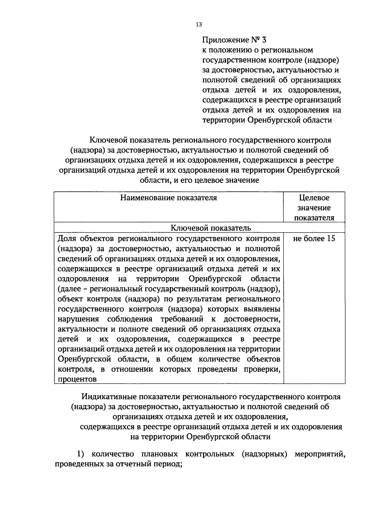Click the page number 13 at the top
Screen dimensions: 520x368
(x=198, y=25)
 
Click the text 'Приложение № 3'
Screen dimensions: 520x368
(x=235, y=40)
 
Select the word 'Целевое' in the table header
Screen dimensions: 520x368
(x=314, y=198)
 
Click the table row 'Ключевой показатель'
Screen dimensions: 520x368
(x=210, y=228)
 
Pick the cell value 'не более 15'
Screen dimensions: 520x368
(x=314, y=239)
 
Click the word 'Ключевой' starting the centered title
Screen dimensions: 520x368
(x=108, y=140)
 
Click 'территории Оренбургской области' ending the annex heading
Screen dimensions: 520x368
(x=267, y=120)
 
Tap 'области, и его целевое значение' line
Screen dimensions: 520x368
(x=199, y=180)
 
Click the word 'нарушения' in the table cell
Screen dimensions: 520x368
(x=79, y=319)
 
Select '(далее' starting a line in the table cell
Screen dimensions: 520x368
(x=68, y=289)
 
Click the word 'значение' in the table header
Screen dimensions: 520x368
(x=314, y=208)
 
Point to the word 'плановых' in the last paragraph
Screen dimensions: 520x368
(x=161, y=454)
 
